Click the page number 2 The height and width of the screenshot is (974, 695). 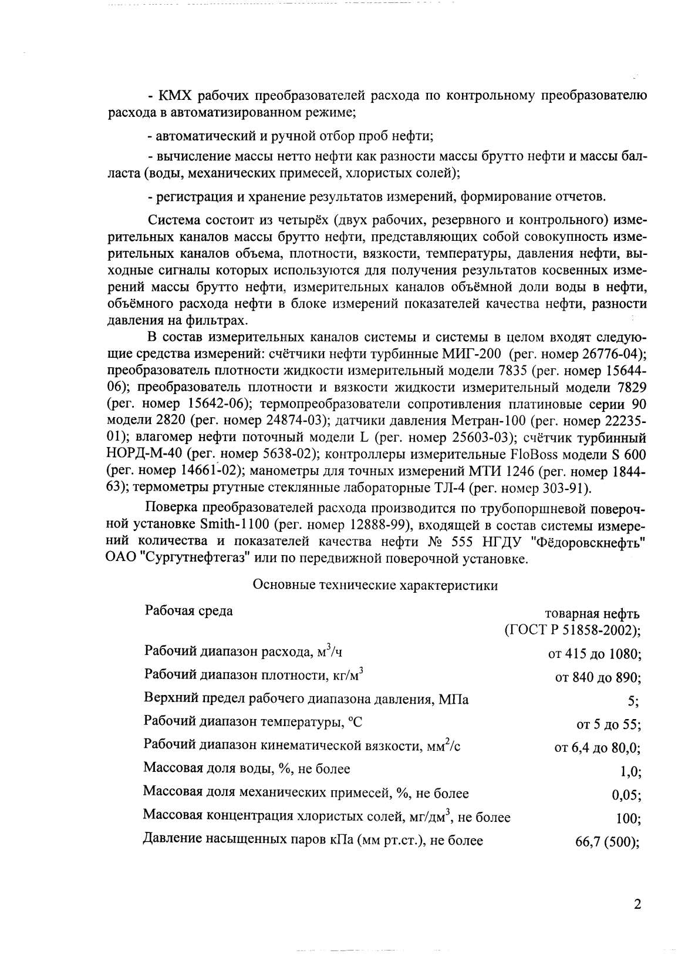point(637,904)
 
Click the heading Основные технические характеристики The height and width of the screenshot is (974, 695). point(375,586)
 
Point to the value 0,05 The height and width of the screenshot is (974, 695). point(626,795)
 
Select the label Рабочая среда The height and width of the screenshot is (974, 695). point(188,611)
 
